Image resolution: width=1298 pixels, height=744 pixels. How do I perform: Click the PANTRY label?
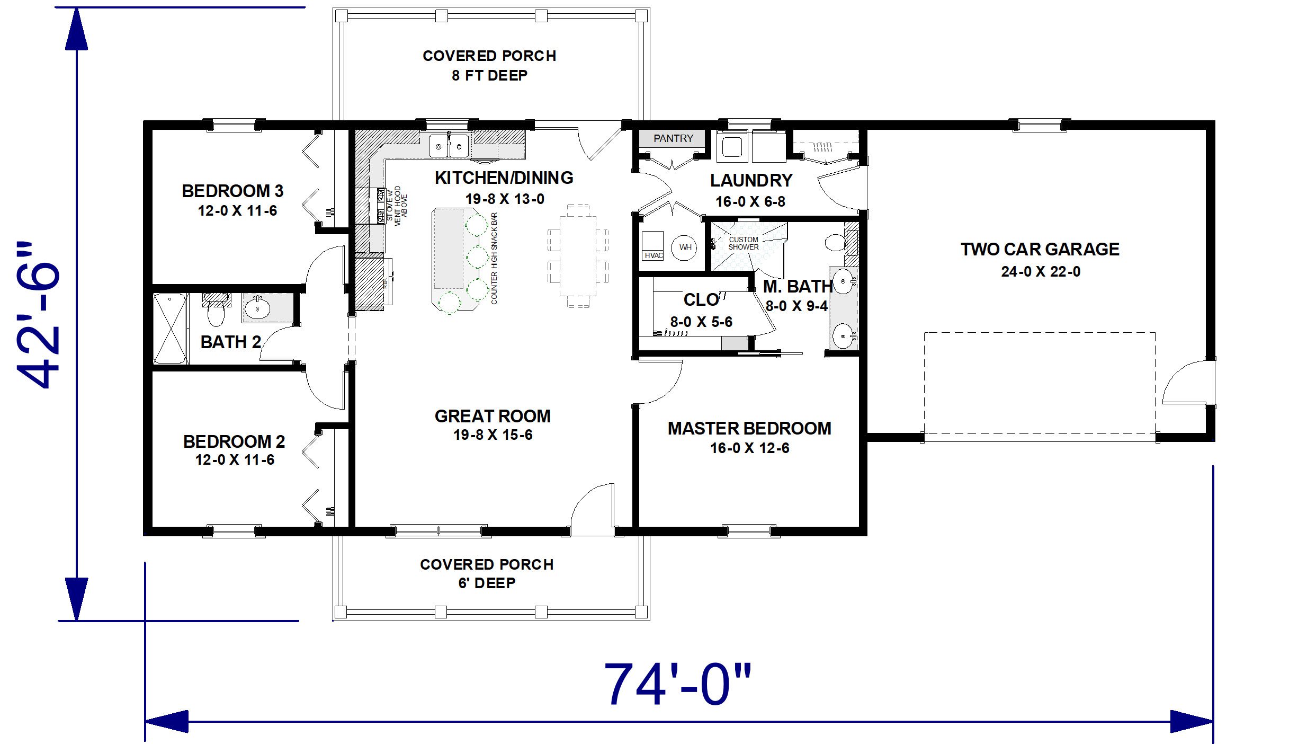click(x=673, y=138)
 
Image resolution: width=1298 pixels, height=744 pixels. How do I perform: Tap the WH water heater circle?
click(x=685, y=247)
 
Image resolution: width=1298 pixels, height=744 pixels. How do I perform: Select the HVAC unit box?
click(x=652, y=245)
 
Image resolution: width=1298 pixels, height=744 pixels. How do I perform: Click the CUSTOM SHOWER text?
click(x=744, y=243)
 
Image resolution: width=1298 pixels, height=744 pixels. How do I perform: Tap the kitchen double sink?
click(x=449, y=145)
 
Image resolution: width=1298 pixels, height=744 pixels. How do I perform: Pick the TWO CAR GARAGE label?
click(x=1040, y=249)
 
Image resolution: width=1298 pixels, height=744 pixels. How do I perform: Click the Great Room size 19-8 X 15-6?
click(x=493, y=435)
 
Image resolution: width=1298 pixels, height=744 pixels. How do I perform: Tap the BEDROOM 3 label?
click(x=232, y=191)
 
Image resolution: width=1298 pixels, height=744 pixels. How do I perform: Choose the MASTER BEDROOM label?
click(x=749, y=428)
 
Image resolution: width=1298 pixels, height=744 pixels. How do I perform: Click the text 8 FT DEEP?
click(x=490, y=76)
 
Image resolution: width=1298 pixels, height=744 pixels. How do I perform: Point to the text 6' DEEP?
click(x=487, y=583)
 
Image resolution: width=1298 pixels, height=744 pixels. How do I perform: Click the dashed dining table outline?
click(x=578, y=255)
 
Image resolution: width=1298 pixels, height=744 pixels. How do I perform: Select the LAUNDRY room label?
click(x=751, y=181)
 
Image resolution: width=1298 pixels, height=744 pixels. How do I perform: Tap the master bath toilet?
click(x=836, y=243)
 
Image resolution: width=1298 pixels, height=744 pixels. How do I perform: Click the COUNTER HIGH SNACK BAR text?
click(x=494, y=259)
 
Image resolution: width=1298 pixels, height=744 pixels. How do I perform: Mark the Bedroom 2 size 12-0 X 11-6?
click(x=235, y=460)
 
